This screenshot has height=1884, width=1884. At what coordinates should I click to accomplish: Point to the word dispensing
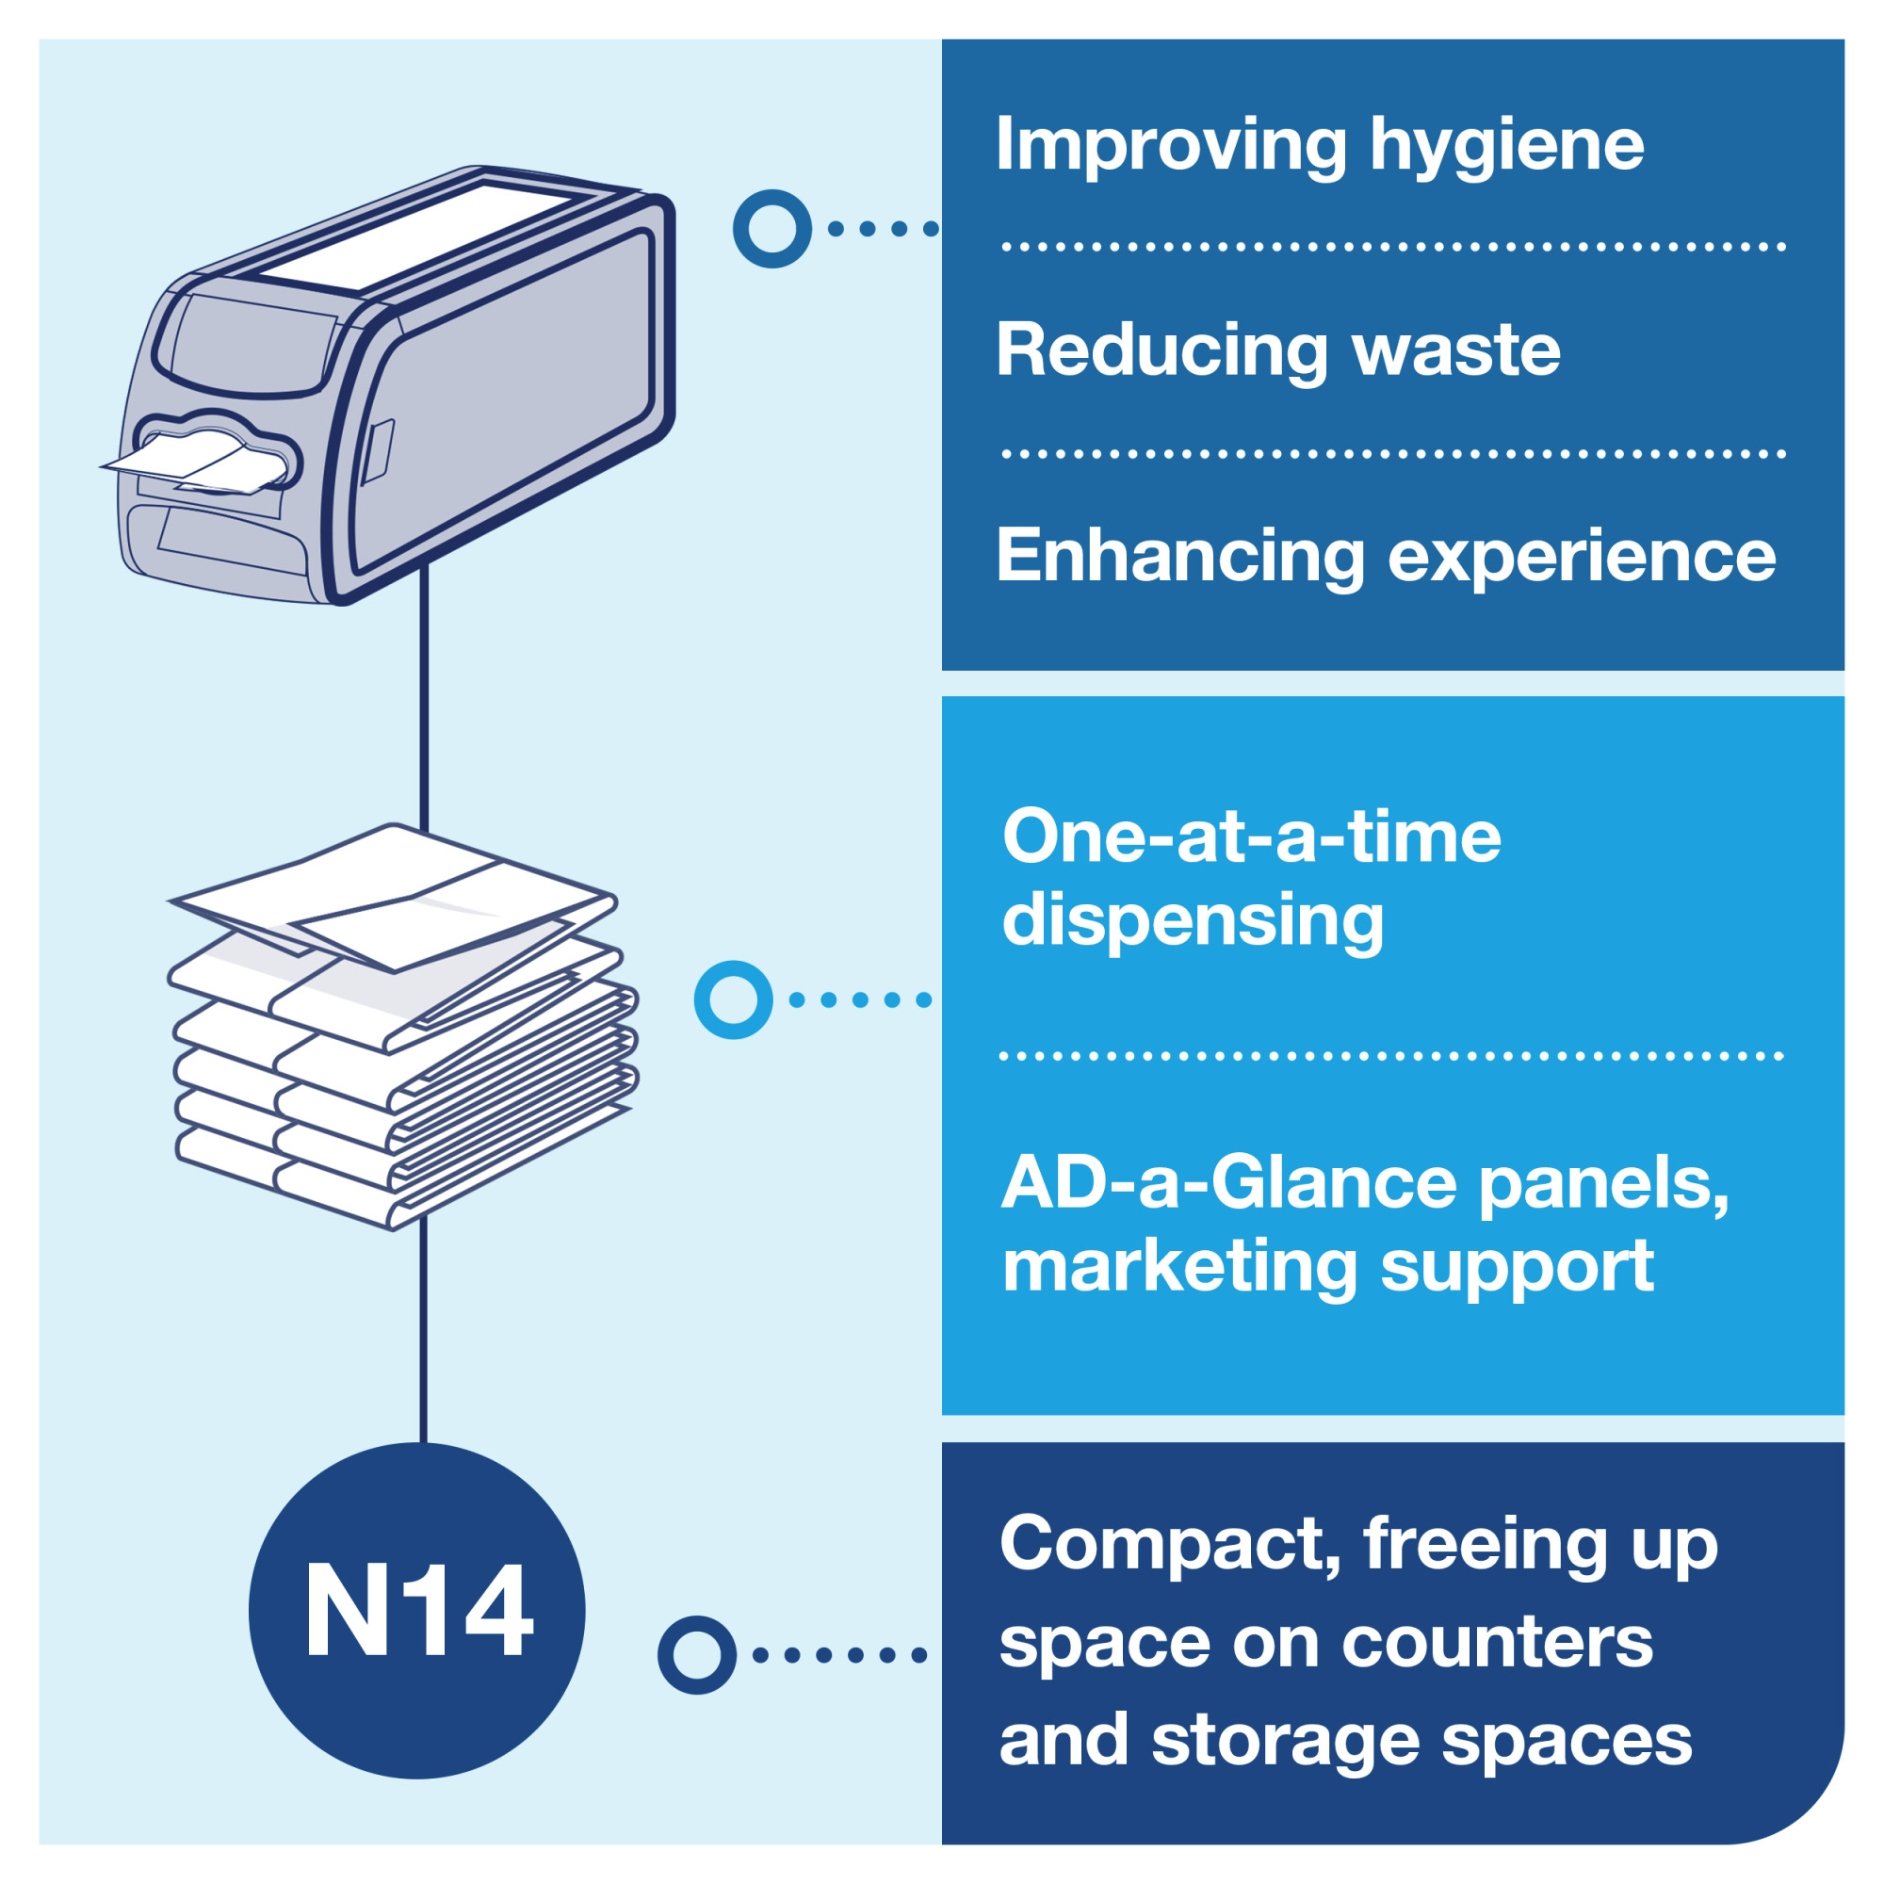tap(1193, 920)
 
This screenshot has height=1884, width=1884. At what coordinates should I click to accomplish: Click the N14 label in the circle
tap(418, 1610)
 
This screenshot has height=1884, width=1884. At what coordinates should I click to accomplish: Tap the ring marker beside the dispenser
tap(771, 229)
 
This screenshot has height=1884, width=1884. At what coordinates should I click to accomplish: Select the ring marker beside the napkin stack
tap(733, 999)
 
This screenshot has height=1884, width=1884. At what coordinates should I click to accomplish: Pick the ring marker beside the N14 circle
tap(696, 1655)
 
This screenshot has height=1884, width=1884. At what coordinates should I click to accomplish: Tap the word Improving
tap(1171, 146)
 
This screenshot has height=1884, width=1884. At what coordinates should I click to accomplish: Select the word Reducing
tap(1161, 350)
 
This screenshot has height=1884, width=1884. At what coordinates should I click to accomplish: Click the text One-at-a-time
tap(1251, 836)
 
